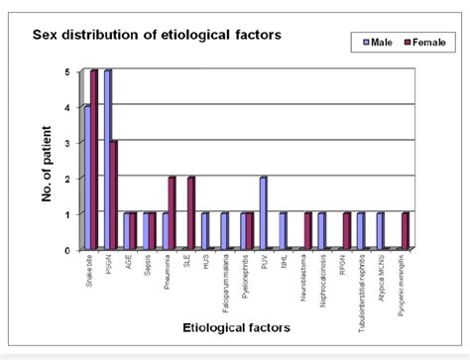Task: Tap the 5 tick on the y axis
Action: pyautogui.click(x=66, y=72)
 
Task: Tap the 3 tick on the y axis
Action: pyautogui.click(x=66, y=143)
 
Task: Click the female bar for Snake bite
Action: pyautogui.click(x=95, y=159)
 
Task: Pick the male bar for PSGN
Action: pyautogui.click(x=107, y=159)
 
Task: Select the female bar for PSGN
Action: pyautogui.click(x=115, y=194)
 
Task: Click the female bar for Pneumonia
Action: pyautogui.click(x=173, y=213)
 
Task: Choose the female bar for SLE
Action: pyautogui.click(x=192, y=213)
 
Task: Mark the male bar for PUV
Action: pyautogui.click(x=262, y=213)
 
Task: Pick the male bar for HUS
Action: pyautogui.click(x=204, y=231)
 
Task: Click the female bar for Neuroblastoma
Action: pyautogui.click(x=308, y=231)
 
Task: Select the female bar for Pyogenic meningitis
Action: pyautogui.click(x=406, y=231)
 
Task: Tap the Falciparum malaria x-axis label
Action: pyautogui.click(x=224, y=282)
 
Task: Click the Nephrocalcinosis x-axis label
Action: pyautogui.click(x=320, y=280)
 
